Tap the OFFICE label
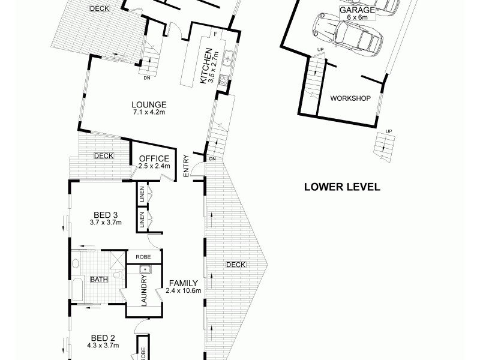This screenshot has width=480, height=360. (x=154, y=159)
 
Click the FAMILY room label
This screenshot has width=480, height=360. (x=181, y=283)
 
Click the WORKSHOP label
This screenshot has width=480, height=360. (x=349, y=98)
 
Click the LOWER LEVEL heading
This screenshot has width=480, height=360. (x=342, y=187)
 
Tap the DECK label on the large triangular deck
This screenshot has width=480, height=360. (x=235, y=265)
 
